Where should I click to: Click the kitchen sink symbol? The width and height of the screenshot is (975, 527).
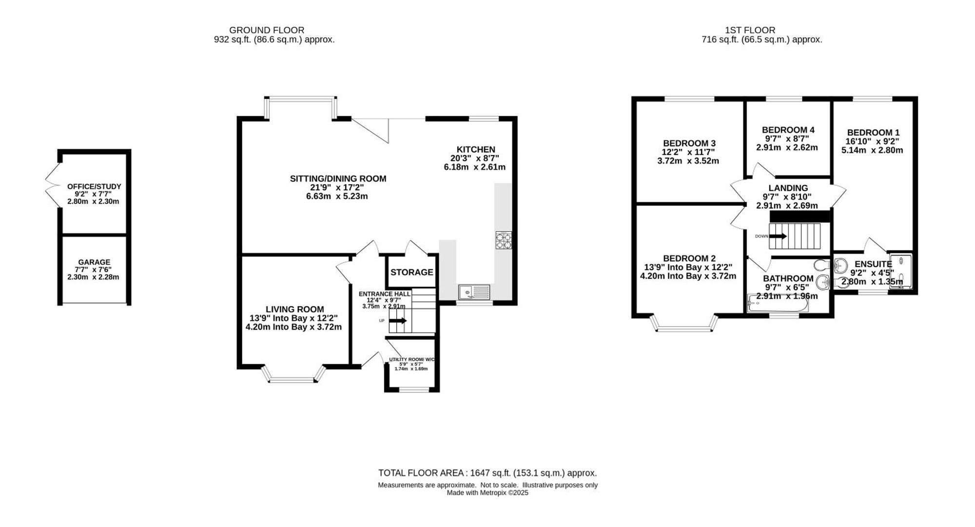[x=474, y=293]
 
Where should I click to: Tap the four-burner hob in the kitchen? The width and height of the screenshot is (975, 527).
[x=504, y=240]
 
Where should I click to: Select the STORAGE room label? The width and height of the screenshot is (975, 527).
[x=412, y=272]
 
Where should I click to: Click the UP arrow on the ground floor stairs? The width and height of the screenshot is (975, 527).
[x=398, y=321]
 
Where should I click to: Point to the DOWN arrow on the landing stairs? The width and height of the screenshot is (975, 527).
[x=778, y=236]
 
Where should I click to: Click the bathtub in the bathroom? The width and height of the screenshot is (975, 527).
[x=778, y=303]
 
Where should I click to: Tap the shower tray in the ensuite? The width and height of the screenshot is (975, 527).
[x=900, y=272]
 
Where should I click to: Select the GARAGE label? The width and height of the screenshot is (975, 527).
[x=94, y=262]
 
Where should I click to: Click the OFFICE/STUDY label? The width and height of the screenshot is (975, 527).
[x=94, y=186]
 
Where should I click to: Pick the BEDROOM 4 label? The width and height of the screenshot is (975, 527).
[x=788, y=130]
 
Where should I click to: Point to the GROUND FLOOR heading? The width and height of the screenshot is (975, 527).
[x=267, y=30]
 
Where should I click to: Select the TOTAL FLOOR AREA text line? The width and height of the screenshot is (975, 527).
[x=487, y=473]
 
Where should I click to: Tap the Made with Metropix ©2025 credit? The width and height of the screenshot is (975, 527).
[x=487, y=493]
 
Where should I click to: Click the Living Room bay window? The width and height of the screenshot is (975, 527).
[x=293, y=374]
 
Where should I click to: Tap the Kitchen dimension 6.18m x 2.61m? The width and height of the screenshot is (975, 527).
[x=474, y=167]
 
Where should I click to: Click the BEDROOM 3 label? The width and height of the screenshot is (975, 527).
[x=689, y=143]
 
